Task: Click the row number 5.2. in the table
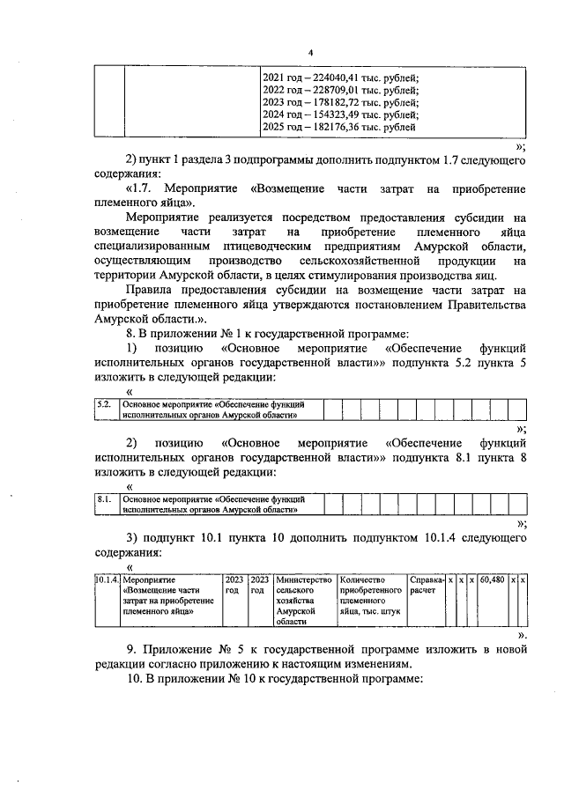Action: tap(103, 405)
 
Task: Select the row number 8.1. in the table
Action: tap(103, 499)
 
